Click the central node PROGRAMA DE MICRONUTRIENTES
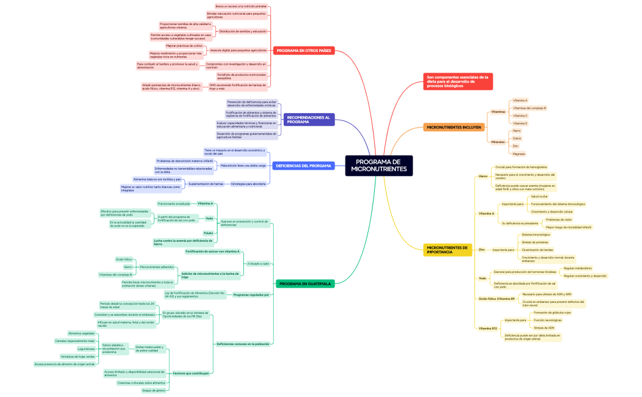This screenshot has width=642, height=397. [378, 165]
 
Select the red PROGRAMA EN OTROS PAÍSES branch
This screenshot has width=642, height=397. [304, 51]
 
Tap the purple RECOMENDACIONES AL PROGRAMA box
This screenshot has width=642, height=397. [309, 119]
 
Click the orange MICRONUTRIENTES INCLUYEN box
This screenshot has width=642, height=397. [454, 127]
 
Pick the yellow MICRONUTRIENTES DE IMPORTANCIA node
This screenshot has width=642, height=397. [448, 249]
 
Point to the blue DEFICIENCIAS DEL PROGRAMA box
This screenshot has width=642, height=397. [303, 166]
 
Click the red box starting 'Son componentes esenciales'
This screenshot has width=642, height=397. [458, 81]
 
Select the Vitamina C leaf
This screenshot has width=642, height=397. [520, 115]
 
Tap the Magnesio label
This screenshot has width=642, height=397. [518, 154]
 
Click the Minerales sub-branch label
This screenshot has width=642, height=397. [498, 142]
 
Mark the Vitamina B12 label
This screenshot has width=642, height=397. [488, 328]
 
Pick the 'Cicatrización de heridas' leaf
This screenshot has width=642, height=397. [538, 250]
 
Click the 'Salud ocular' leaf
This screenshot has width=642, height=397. [539, 196]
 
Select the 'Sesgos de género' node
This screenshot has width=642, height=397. [153, 390]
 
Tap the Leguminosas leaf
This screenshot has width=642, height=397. [86, 349]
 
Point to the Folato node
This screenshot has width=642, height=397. [208, 233]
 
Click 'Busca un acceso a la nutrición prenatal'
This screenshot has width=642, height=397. [240, 5]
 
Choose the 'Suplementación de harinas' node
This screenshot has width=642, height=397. [206, 183]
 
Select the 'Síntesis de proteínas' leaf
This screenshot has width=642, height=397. [535, 242]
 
